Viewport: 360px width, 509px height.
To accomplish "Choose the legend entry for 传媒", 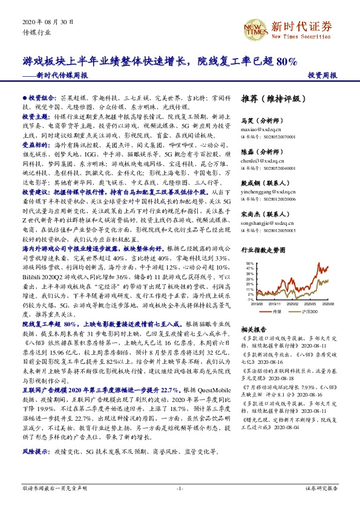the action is coord(278,311).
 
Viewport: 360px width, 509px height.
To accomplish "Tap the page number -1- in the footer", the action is coord(180,488).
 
